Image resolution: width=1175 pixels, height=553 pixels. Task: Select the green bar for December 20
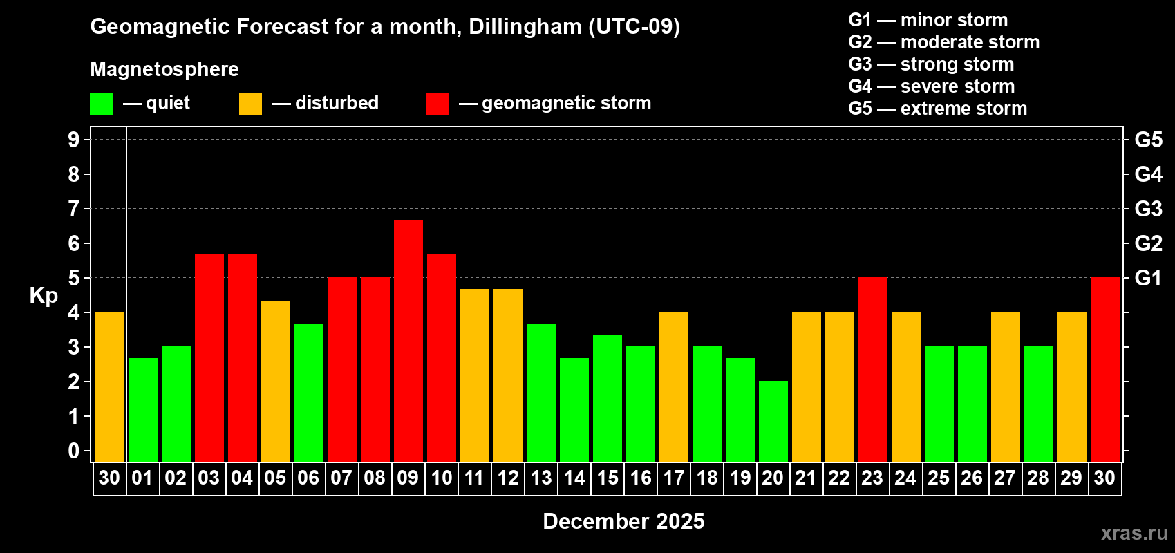pos(773,421)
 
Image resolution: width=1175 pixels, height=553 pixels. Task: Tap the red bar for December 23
pos(872,369)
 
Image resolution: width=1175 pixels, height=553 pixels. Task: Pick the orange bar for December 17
pos(673,386)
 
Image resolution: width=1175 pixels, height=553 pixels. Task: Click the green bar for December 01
pos(142,409)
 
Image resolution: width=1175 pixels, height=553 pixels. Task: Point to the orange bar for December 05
pos(275,381)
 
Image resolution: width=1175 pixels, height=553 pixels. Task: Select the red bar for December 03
pos(209,357)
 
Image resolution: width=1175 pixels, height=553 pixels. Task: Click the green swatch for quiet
pos(101,104)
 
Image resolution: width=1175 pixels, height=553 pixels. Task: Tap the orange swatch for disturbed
pos(250,104)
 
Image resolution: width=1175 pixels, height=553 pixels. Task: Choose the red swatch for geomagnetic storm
pos(437,104)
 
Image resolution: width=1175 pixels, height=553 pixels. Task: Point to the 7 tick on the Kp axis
pos(74,209)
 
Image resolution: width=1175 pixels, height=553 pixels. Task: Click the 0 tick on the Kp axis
pos(74,451)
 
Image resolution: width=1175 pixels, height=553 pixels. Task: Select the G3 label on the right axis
pos(1148,209)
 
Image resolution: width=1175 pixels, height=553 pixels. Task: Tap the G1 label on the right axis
pos(1148,278)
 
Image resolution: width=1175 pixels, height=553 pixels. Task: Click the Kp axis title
pos(44,296)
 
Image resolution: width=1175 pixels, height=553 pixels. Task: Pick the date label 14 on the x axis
pos(574,478)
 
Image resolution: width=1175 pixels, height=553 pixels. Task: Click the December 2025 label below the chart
pos(623,521)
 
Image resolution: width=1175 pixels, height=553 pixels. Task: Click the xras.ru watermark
pos(1134,533)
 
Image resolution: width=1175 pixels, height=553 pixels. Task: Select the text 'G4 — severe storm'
pos(931,86)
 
